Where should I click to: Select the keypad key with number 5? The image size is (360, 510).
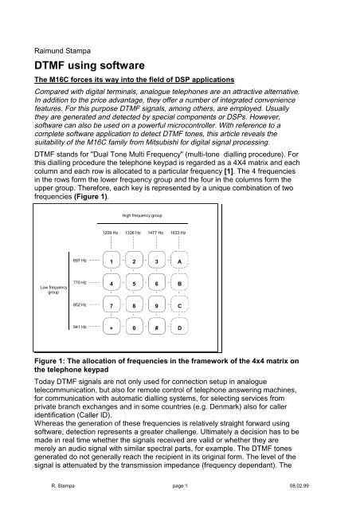pyautogui.click(x=135, y=284)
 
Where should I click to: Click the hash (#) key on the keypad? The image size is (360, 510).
pyautogui.click(x=157, y=327)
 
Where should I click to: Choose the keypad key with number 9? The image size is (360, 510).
pyautogui.click(x=157, y=305)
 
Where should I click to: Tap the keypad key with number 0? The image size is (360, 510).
pyautogui.click(x=135, y=327)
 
